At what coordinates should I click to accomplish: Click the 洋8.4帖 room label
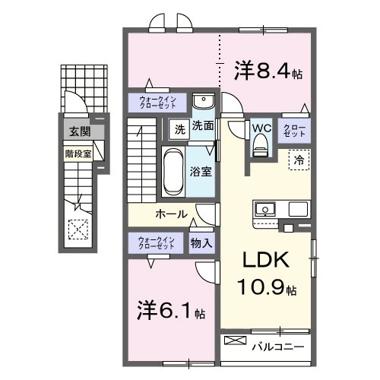(268, 72)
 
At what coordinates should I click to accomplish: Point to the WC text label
(262, 128)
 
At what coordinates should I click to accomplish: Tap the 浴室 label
(202, 172)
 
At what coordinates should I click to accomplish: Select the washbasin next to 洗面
(202, 103)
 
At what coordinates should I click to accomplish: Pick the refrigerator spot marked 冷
(299, 160)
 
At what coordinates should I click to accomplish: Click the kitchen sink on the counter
(267, 208)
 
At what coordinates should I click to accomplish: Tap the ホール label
(171, 214)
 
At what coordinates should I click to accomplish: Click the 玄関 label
(78, 132)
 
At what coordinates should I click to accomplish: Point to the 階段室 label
(77, 152)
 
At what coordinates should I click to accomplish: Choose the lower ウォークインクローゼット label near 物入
(156, 243)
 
